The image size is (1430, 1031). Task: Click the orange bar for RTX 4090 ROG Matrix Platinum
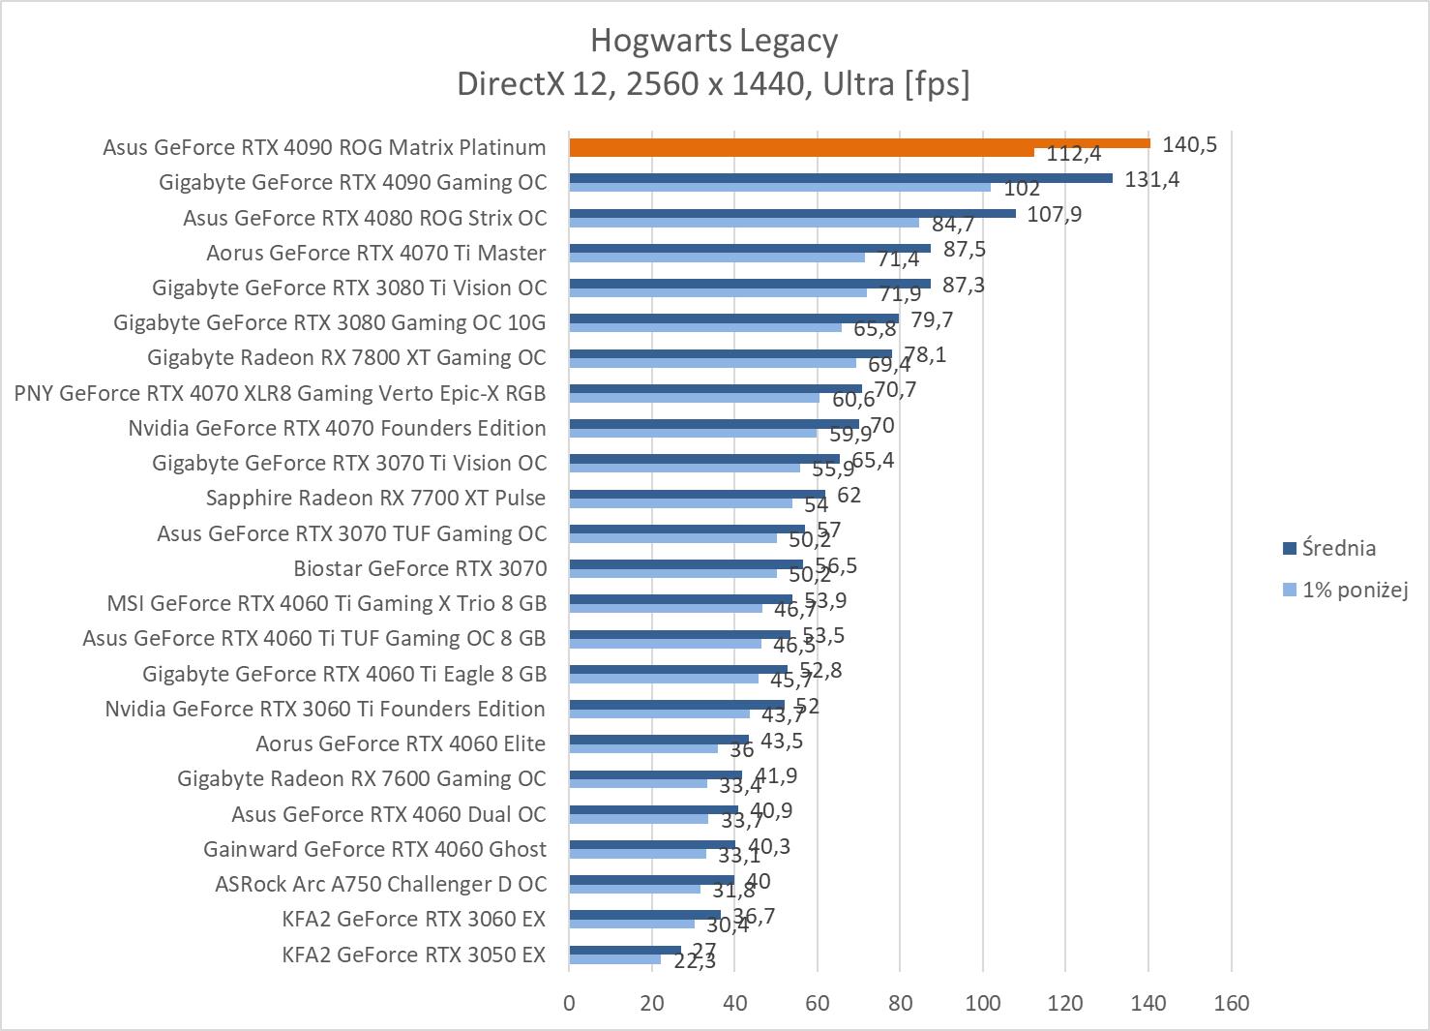[x=859, y=143]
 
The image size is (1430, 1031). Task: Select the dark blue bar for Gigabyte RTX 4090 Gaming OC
[x=840, y=178]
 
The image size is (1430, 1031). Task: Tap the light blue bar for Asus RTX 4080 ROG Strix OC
[x=743, y=222]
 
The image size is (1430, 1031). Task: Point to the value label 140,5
[x=1189, y=145]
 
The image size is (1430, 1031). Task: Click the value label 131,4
[x=1151, y=179]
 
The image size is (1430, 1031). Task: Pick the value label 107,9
[x=1054, y=214]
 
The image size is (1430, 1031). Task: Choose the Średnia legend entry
[x=1338, y=548]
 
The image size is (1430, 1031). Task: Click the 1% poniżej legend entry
[x=1354, y=589]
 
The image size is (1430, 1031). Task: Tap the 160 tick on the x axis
[x=1231, y=1003]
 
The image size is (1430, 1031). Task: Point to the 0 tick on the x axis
[x=569, y=1003]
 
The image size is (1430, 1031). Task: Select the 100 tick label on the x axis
[x=983, y=1003]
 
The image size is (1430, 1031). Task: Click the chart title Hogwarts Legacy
[x=714, y=41]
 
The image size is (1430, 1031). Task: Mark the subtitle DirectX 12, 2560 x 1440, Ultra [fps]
[x=714, y=84]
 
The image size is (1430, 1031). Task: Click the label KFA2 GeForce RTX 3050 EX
[x=413, y=955]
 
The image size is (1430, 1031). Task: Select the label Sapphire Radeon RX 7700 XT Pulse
[x=375, y=498]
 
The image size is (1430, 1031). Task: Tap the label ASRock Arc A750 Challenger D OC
[x=380, y=884]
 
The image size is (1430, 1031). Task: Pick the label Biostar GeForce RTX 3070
[x=420, y=568]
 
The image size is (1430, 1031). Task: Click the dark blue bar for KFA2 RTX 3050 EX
[x=624, y=950]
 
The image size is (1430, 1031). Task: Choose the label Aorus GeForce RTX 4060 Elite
[x=401, y=743]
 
